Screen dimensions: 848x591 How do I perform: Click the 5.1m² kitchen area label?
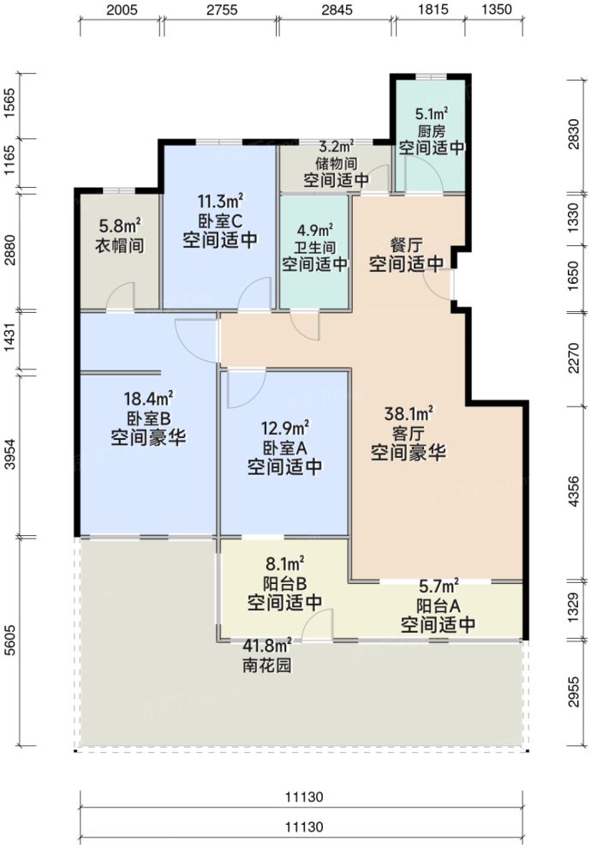432,114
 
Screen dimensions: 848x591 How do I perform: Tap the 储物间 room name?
336,164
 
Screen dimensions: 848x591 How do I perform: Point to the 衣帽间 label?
119,245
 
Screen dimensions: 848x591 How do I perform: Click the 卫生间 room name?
314,247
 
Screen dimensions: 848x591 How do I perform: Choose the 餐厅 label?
406,245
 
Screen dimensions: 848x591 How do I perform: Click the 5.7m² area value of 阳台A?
438,587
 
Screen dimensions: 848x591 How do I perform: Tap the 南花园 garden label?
266,665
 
